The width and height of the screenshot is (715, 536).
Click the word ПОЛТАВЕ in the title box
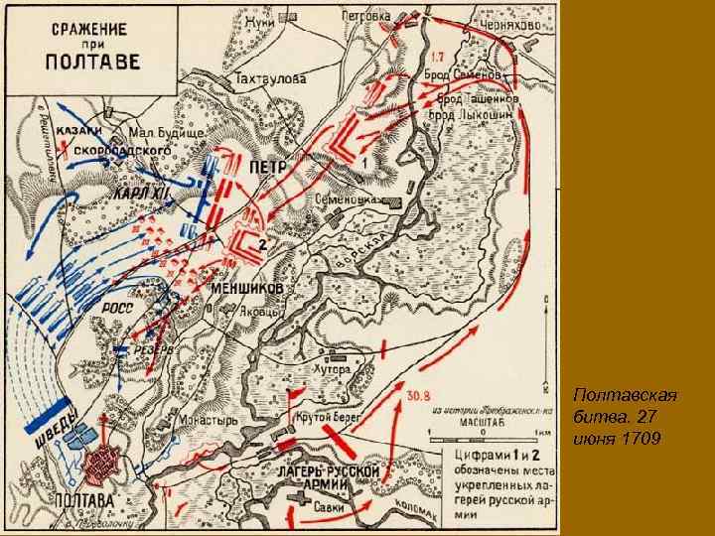coord(74,66)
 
